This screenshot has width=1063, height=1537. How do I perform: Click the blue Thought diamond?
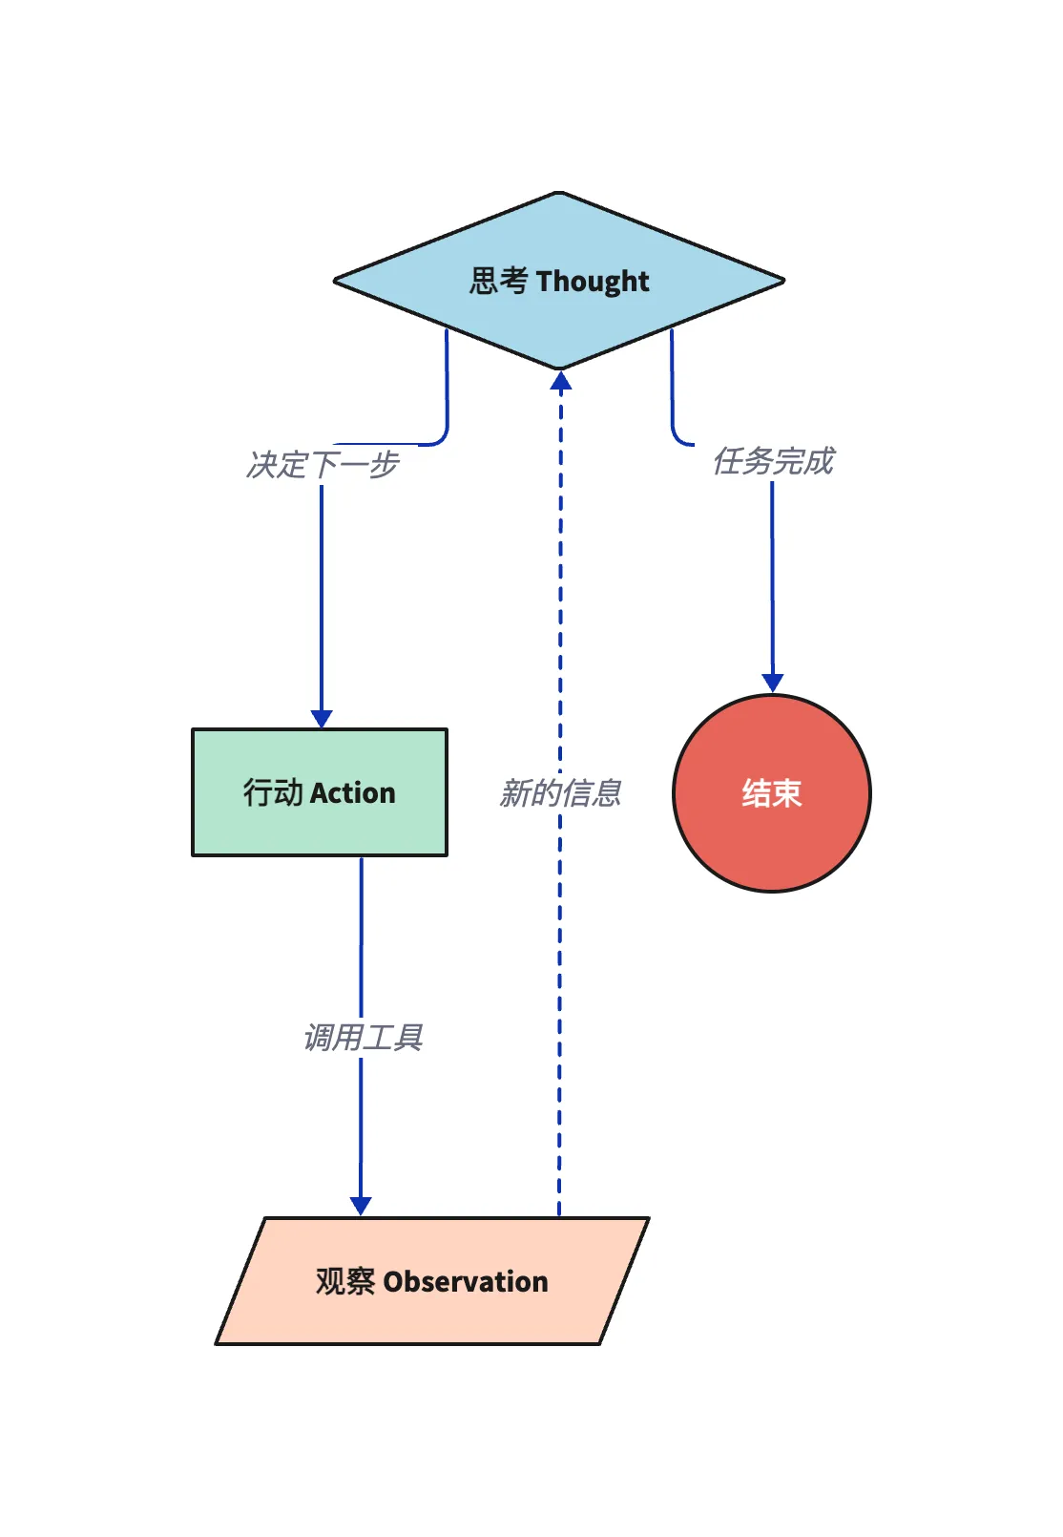(x=559, y=281)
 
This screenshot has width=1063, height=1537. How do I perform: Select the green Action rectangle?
(x=320, y=792)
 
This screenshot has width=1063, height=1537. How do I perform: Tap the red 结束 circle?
(x=772, y=793)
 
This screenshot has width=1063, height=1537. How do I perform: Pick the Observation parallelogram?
(x=432, y=1281)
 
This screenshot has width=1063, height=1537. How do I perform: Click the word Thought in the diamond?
(x=593, y=282)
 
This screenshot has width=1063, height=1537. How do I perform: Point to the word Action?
(x=353, y=793)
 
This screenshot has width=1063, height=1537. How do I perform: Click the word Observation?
(x=466, y=1282)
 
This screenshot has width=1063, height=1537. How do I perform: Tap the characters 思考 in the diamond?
(x=499, y=281)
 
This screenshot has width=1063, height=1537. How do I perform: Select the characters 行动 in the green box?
(x=273, y=792)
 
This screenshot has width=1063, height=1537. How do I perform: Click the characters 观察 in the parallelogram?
(x=345, y=1282)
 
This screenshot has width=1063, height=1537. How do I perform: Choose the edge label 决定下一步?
(x=323, y=465)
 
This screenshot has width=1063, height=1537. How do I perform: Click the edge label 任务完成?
(x=774, y=460)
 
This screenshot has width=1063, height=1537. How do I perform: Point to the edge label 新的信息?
(x=560, y=793)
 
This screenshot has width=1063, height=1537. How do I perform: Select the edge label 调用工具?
(x=363, y=1037)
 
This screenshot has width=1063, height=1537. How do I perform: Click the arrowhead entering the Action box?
(x=322, y=719)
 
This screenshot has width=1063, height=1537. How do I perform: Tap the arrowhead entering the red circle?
(x=773, y=683)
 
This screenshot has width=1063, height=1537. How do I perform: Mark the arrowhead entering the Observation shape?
(x=361, y=1207)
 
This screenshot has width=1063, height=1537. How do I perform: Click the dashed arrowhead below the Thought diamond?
(x=561, y=381)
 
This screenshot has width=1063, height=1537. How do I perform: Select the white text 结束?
(x=772, y=793)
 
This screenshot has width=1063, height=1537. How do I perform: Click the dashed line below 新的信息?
(x=559, y=1013)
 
